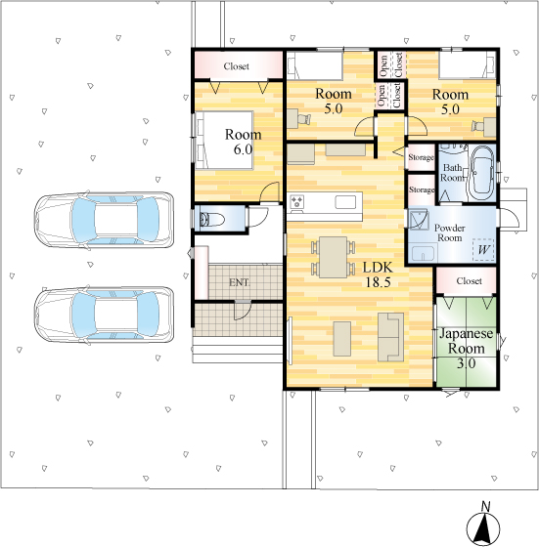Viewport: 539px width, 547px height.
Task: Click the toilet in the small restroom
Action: [x=211, y=220]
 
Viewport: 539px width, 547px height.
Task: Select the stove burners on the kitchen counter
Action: [x=297, y=202]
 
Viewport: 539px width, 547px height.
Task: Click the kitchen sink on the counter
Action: [x=345, y=202]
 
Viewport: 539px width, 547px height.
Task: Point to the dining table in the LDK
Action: [x=334, y=257]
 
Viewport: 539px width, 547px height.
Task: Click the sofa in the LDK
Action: [x=390, y=337]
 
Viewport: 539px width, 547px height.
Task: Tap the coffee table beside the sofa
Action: [x=342, y=339]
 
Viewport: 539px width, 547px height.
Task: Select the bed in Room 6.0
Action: [x=224, y=141]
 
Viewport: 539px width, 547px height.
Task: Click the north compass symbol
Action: [x=483, y=526]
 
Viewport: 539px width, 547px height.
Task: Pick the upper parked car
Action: [x=104, y=221]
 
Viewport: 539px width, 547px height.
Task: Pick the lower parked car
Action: [x=104, y=315]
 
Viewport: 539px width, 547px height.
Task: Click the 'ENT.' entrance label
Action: [x=240, y=282]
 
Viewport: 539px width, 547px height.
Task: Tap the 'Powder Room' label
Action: [x=450, y=233]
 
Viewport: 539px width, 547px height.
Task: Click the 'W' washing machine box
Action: [x=484, y=249]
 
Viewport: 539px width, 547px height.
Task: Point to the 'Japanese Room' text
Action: [x=467, y=341]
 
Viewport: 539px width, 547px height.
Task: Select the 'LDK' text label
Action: [x=378, y=268]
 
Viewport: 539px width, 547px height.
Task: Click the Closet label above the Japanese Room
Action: [x=469, y=281]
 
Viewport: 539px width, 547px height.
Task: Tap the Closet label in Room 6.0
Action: [x=237, y=66]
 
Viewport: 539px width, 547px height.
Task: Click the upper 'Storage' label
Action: [x=422, y=157]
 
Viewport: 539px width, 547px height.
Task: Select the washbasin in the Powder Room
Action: [x=425, y=253]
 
